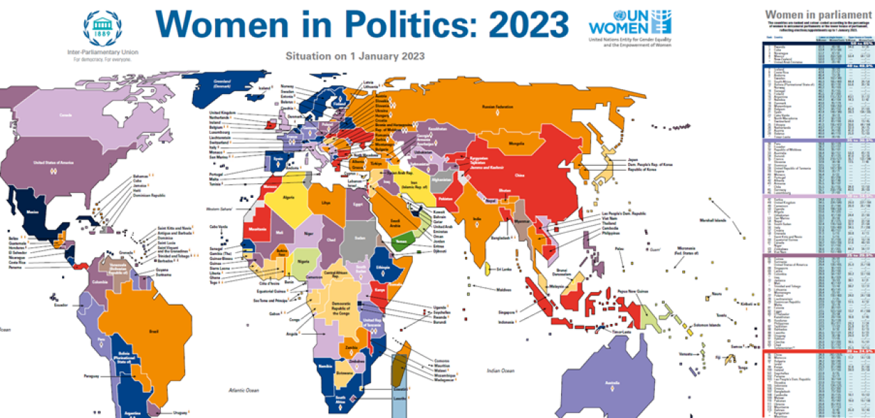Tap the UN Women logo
[631, 23]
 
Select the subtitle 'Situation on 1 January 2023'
[356, 55]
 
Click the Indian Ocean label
[504, 371]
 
